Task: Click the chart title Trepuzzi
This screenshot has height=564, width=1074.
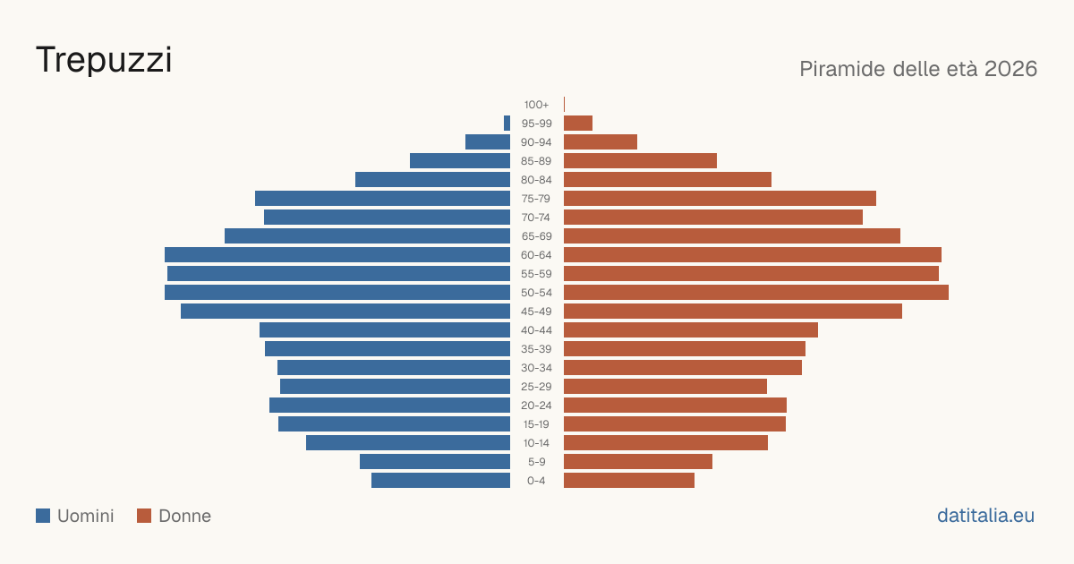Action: (x=104, y=60)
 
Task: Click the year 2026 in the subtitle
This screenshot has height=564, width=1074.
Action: (x=1010, y=69)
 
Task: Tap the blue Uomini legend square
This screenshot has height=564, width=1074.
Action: (x=43, y=516)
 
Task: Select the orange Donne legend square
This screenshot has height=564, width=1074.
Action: (x=144, y=516)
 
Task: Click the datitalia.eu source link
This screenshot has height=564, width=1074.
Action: (x=985, y=516)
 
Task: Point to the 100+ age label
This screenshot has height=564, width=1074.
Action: (x=536, y=105)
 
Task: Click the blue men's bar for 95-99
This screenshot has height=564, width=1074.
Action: (x=507, y=124)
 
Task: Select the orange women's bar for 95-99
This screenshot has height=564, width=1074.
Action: (x=578, y=124)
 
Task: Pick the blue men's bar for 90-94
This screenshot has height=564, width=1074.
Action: (x=488, y=142)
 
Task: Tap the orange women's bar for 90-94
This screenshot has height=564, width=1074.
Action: (x=601, y=142)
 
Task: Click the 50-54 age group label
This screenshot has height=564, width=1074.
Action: (x=536, y=293)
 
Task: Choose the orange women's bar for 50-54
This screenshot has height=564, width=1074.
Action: (x=756, y=293)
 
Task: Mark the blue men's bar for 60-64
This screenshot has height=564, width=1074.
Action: (x=337, y=254)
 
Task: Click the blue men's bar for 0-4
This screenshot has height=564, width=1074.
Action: (x=440, y=481)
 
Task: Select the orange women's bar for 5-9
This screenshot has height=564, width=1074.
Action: (x=638, y=462)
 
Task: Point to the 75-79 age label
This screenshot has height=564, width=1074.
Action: (x=536, y=199)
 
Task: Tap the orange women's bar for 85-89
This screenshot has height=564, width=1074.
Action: (x=640, y=160)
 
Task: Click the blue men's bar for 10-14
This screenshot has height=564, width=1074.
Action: (x=408, y=442)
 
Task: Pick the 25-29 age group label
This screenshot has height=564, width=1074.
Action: (x=536, y=387)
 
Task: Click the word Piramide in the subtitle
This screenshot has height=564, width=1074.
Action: (x=842, y=69)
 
